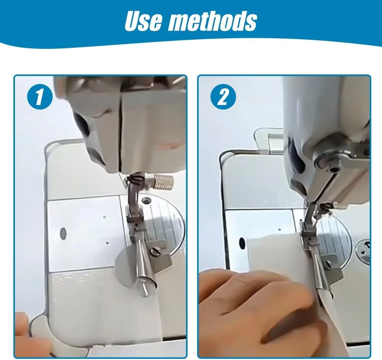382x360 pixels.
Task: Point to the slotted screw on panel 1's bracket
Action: [154, 252]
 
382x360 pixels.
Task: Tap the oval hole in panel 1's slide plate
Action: [63, 233]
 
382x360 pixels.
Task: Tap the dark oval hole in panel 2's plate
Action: [242, 243]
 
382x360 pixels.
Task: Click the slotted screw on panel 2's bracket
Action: [329, 264]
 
